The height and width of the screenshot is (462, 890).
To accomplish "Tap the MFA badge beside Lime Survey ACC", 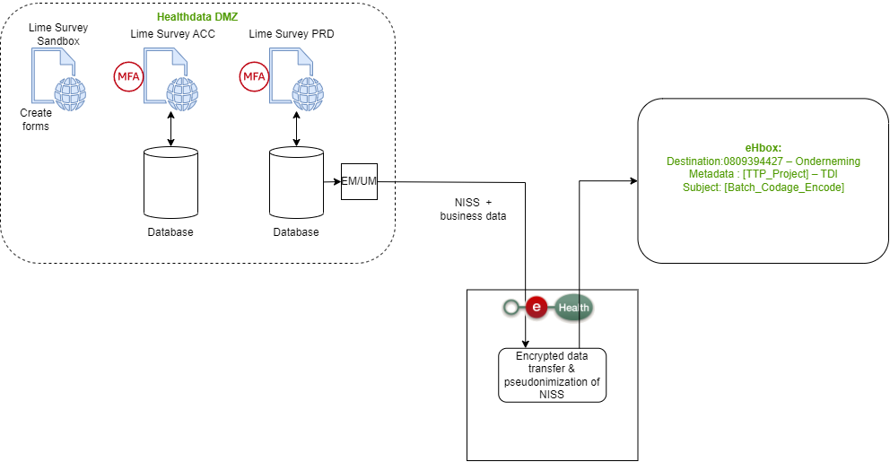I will click(128, 76).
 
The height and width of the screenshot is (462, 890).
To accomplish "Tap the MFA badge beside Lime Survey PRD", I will click(253, 76).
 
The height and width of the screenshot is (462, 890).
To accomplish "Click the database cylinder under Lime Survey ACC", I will click(170, 183).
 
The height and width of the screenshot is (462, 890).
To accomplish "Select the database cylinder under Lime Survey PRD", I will click(296, 183).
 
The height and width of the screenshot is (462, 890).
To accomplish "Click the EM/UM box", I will click(359, 182).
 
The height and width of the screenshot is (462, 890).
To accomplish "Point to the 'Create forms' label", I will click(36, 119).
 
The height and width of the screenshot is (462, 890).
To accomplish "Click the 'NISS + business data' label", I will click(473, 209).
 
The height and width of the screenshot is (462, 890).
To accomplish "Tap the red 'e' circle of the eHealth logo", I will click(537, 308).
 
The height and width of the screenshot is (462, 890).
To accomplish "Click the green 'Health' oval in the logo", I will click(574, 308).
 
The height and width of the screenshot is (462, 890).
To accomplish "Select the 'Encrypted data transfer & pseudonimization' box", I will click(552, 375).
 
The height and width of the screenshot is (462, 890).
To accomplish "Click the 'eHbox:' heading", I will click(763, 147).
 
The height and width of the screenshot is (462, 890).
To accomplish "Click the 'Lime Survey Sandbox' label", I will click(58, 35).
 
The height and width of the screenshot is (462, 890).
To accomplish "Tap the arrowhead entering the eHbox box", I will click(633, 181).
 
